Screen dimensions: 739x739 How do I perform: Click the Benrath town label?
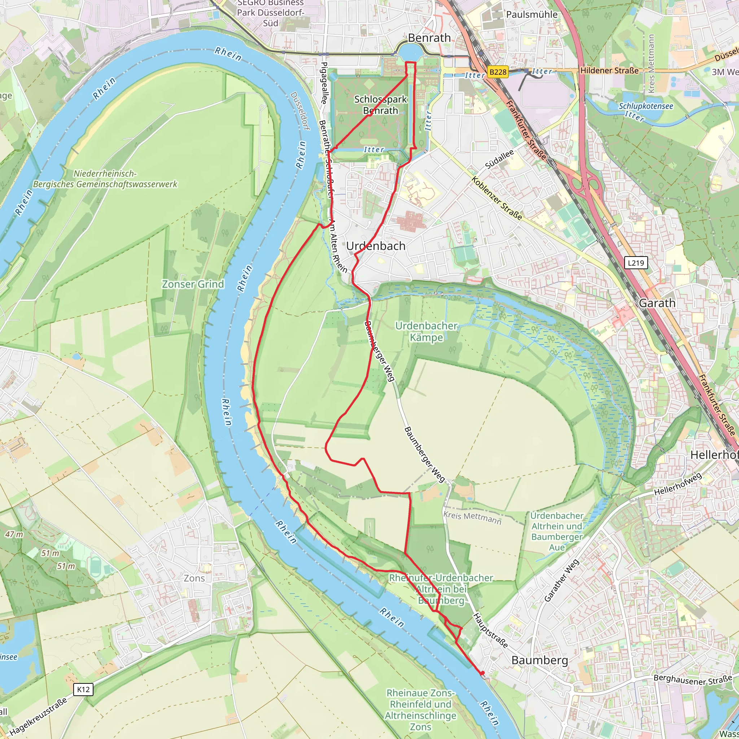(x=429, y=38)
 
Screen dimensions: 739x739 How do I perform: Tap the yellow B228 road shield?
(x=498, y=72)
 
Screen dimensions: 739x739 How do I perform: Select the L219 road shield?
(x=636, y=263)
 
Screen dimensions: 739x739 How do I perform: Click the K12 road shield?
(x=83, y=689)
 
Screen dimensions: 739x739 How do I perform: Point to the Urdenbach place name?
(x=376, y=246)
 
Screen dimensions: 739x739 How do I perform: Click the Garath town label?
(x=657, y=303)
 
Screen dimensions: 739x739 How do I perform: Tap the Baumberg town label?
(x=539, y=660)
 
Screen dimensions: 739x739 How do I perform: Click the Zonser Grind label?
(x=193, y=284)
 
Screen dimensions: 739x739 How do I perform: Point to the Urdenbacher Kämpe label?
(x=426, y=332)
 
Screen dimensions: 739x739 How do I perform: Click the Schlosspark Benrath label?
(x=380, y=105)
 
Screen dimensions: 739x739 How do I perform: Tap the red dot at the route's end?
(x=482, y=673)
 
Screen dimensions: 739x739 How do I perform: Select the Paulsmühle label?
(x=532, y=14)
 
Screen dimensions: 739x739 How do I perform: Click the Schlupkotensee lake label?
(x=646, y=106)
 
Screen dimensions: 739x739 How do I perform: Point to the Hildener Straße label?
(x=609, y=70)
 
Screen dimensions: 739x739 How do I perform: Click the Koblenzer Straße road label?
(x=497, y=198)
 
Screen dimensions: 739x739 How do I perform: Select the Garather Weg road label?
(x=561, y=580)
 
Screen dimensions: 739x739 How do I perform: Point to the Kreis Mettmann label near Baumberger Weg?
(x=472, y=518)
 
